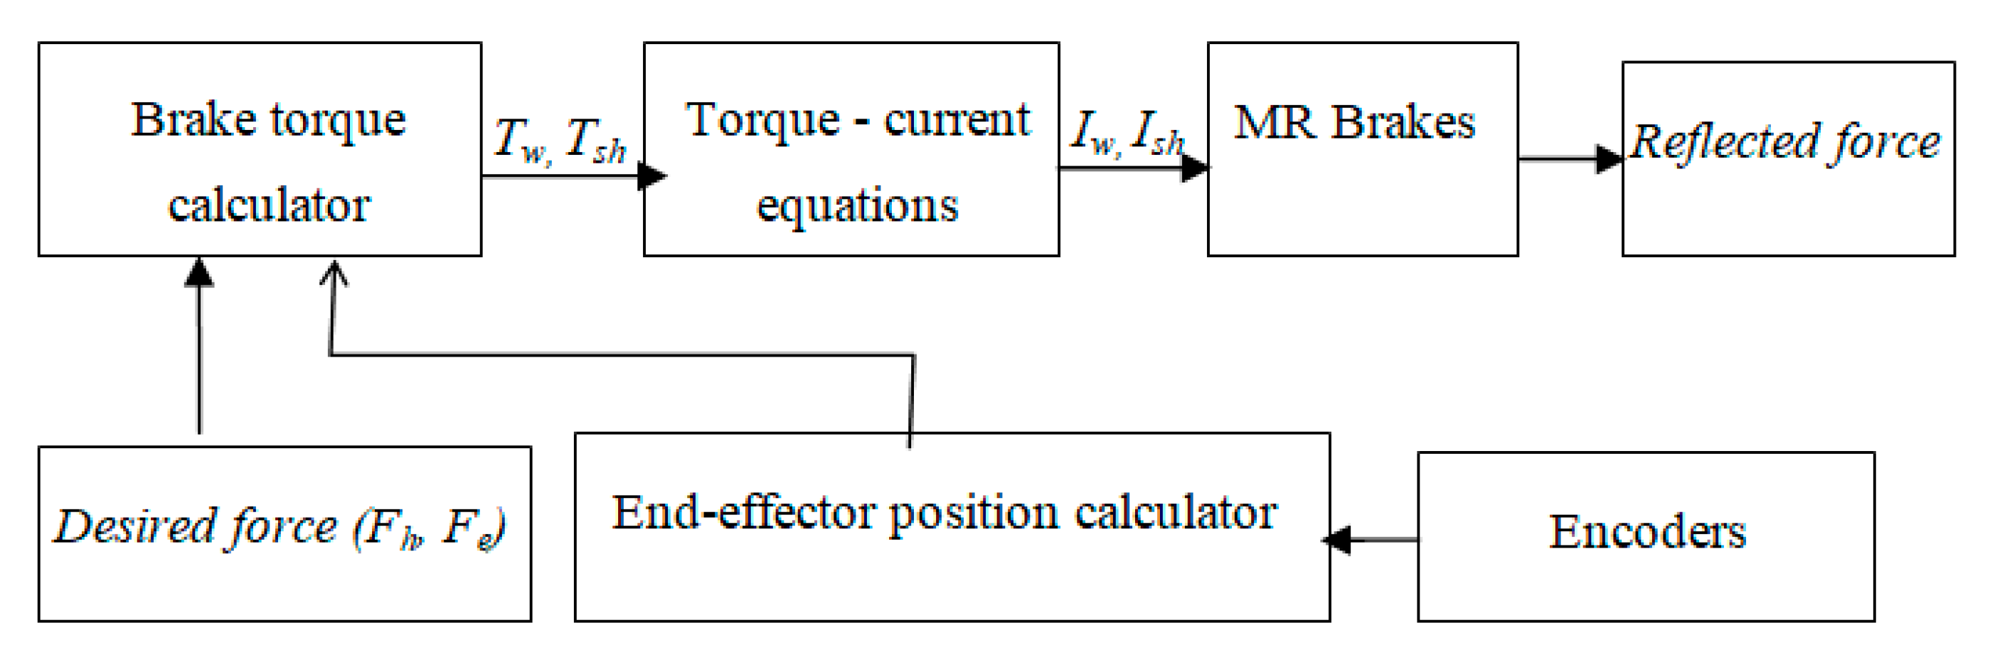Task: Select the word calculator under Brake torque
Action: click(269, 205)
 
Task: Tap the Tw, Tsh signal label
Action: click(560, 141)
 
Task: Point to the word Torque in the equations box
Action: click(762, 121)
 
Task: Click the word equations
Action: click(857, 207)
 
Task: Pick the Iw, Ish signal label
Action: click(1127, 133)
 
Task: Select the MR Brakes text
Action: click(1354, 124)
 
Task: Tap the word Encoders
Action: click(1647, 532)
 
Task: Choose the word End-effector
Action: click(742, 514)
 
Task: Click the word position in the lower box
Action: click(974, 515)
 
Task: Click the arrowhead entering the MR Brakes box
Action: click(1195, 168)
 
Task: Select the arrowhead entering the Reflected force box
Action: click(1609, 159)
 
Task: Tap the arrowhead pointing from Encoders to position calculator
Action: click(1338, 540)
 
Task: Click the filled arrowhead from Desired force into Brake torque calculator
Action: click(199, 273)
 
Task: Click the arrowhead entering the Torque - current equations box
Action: click(652, 176)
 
